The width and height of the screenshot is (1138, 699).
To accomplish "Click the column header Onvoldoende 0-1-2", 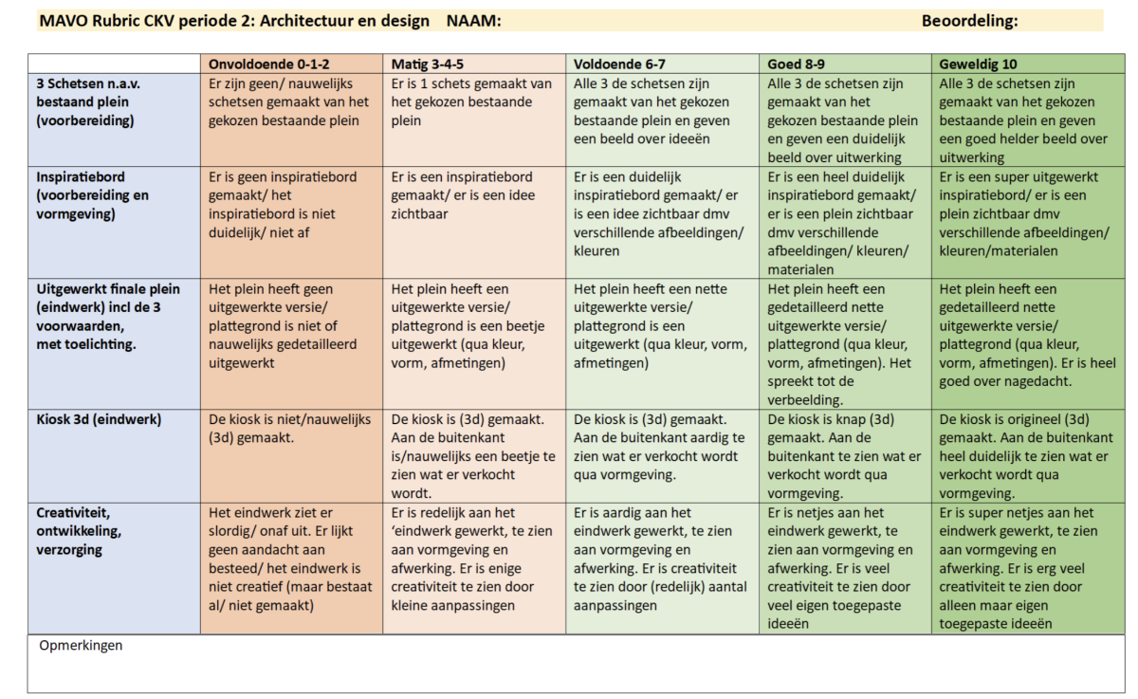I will point(267,64).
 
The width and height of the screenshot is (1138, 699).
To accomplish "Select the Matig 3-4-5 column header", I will point(429,64).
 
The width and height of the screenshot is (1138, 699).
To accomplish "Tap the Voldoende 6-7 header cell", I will point(619,64).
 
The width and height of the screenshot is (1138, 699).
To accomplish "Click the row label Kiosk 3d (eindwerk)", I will point(100,419).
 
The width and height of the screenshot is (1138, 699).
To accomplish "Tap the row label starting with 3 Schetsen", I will point(85,101).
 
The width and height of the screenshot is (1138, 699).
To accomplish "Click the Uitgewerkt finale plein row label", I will point(107,316).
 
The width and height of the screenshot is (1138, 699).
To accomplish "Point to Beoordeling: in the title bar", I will point(969,21).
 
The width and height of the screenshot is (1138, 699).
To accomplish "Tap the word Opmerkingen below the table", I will point(81,646).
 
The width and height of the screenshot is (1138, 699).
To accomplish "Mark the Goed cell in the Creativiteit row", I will point(844,567).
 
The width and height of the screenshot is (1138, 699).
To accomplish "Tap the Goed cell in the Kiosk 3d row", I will point(844,455).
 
